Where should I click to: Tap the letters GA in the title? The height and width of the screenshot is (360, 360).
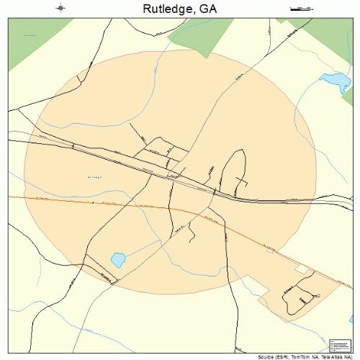(x=207, y=9)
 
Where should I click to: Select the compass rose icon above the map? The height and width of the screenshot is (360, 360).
(x=61, y=9)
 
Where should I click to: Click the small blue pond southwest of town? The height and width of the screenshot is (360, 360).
(x=117, y=258)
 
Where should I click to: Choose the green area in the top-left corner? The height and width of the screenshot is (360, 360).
(x=32, y=40)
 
